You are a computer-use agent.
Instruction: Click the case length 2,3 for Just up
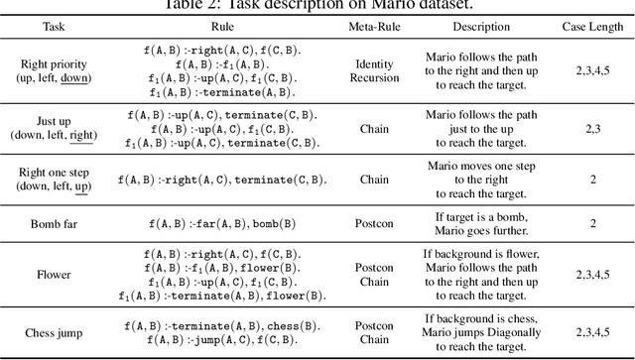[589, 127]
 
